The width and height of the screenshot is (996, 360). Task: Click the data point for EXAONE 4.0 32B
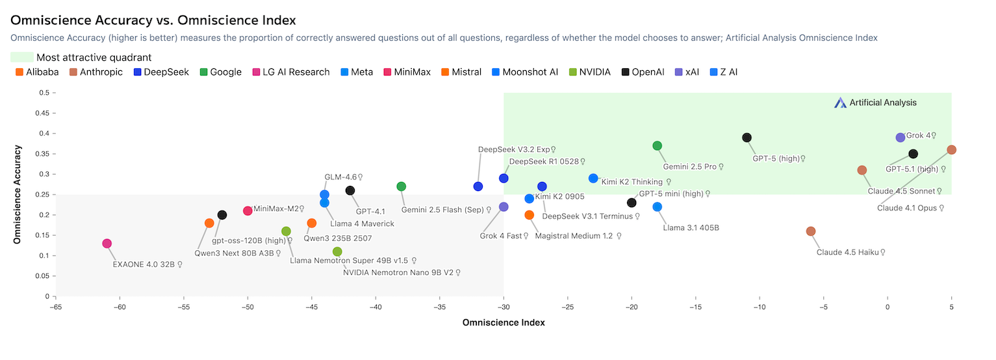107,244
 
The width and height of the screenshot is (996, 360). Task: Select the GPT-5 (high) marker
747,138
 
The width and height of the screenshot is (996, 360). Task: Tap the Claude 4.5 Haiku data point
811,231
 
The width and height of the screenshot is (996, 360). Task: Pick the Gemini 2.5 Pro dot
657,146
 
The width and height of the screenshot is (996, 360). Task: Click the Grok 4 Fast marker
504,207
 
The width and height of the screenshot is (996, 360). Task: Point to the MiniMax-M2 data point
248,211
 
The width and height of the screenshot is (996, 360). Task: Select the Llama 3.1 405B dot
657,207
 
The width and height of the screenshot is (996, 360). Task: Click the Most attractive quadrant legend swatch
21,57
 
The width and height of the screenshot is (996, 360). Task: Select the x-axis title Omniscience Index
504,322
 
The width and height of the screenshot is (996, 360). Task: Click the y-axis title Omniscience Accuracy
18,194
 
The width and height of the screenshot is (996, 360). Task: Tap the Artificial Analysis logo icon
841,103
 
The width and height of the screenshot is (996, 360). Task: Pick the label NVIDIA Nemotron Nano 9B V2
398,273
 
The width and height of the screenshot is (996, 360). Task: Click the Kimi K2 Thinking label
632,182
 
